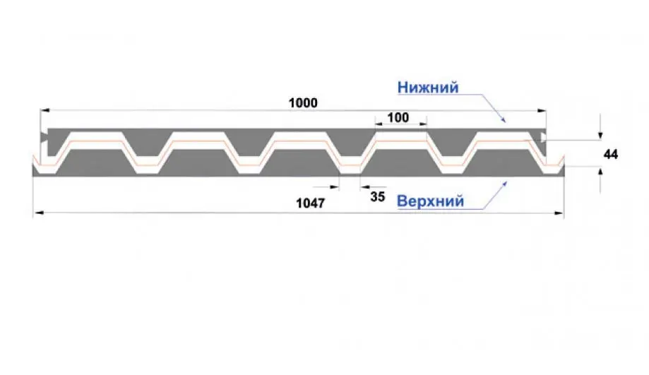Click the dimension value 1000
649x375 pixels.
pyautogui.click(x=303, y=102)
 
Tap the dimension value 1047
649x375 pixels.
pyautogui.click(x=311, y=203)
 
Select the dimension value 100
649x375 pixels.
pyautogui.click(x=398, y=117)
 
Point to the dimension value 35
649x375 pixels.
pyautogui.click(x=378, y=196)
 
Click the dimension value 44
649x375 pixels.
pyautogui.click(x=610, y=155)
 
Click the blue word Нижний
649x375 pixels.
pyautogui.click(x=428, y=88)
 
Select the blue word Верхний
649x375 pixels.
pyautogui.click(x=431, y=201)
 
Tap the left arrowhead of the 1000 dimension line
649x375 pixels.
pyautogui.click(x=44, y=110)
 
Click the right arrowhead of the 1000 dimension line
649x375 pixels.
pyautogui.click(x=542, y=110)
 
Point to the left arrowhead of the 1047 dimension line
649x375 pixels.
pyautogui.click(x=38, y=213)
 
